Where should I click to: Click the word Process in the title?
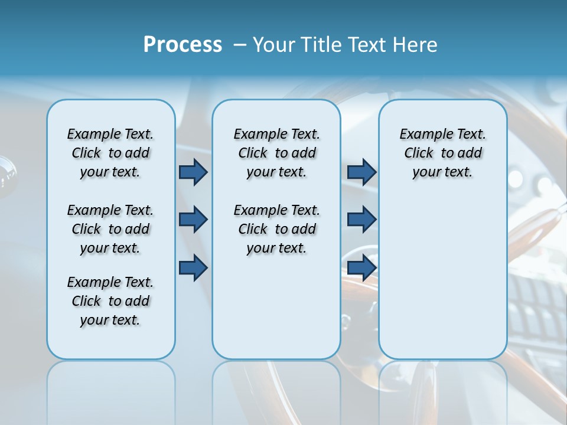point(183,45)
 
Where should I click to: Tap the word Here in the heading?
point(415,45)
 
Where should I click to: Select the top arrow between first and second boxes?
point(193,172)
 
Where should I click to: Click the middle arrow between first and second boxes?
point(193,220)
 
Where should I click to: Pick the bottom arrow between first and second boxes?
point(193,268)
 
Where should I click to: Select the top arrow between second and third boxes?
point(361,172)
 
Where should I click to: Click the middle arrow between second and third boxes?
point(361,220)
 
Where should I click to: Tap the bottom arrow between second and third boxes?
point(361,268)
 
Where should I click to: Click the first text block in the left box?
point(110,153)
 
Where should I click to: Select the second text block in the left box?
point(110,229)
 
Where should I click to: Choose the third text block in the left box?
point(110,301)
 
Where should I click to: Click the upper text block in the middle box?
point(276,153)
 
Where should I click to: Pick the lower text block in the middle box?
point(276,229)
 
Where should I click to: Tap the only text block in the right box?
point(442,153)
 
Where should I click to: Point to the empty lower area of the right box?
point(442,277)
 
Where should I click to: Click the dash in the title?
point(240,45)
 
